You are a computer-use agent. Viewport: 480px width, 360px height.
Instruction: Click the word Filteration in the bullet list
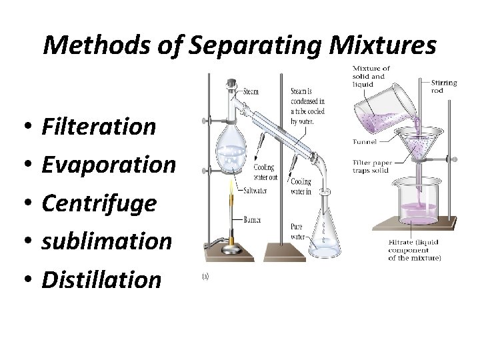99,126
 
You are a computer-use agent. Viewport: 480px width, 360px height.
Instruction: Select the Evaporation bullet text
109,164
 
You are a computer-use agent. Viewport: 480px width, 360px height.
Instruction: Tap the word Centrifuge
99,203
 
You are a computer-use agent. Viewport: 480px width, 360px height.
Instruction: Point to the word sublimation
107,241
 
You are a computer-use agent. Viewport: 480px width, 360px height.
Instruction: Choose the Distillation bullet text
101,279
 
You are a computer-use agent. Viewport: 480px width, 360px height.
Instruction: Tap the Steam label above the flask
251,91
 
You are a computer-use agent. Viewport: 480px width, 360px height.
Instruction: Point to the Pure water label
296,231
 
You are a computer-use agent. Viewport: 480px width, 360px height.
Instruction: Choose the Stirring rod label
444,87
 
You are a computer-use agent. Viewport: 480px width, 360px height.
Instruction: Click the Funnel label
365,141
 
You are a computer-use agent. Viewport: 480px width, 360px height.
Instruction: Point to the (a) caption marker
205,275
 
